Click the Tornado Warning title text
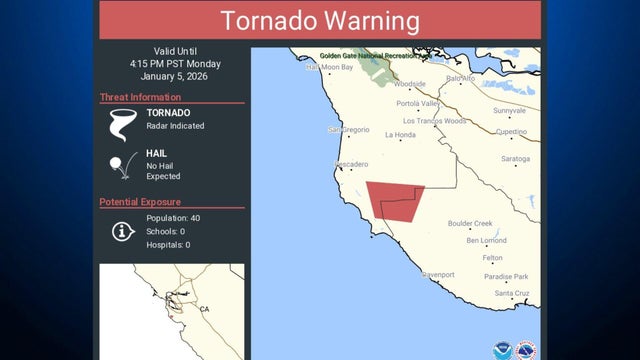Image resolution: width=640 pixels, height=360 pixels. pyautogui.click(x=320, y=20)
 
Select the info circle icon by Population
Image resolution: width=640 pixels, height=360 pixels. pyautogui.click(x=122, y=231)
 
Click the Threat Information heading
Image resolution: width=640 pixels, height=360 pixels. pyautogui.click(x=140, y=97)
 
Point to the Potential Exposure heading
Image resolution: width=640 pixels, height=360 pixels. pyautogui.click(x=140, y=202)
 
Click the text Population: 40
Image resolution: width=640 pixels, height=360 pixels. pyautogui.click(x=173, y=218)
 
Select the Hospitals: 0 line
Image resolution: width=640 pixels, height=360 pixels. pyautogui.click(x=168, y=244)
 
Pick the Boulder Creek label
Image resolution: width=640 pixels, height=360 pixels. pyautogui.click(x=470, y=223)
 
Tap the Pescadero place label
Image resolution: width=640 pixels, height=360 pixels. pyautogui.click(x=350, y=164)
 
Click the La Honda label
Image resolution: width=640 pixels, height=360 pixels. pyautogui.click(x=400, y=135)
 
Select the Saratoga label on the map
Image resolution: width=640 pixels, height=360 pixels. pyautogui.click(x=515, y=159)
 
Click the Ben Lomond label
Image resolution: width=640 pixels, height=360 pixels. pyautogui.click(x=486, y=240)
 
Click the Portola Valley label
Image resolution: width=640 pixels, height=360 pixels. pyautogui.click(x=418, y=103)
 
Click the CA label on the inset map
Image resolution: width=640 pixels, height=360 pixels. pyautogui.click(x=204, y=309)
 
